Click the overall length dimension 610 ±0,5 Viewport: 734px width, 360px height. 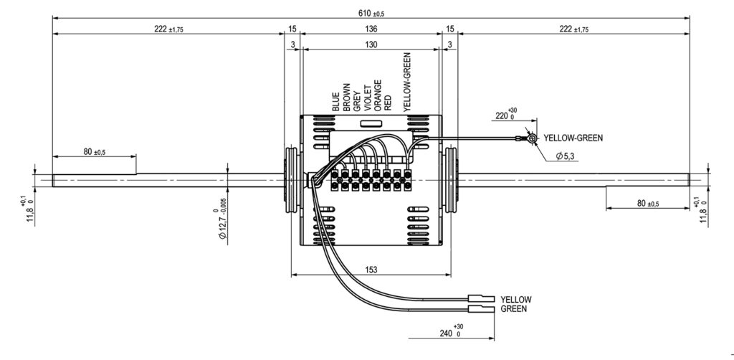pyautogui.click(x=371, y=14)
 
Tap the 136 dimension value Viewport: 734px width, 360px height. pyautogui.click(x=371, y=29)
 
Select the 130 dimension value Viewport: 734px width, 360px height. pyautogui.click(x=371, y=45)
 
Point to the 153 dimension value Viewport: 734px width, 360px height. pyautogui.click(x=371, y=270)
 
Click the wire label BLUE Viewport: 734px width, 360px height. pyautogui.click(x=335, y=102)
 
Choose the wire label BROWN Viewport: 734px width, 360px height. pyautogui.click(x=346, y=98)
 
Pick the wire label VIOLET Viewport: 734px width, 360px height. pyautogui.click(x=368, y=98)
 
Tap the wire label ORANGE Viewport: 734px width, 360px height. pyautogui.click(x=378, y=95)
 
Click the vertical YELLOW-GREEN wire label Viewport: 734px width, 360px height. pyautogui.click(x=407, y=82)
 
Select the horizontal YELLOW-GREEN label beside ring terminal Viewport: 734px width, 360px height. pyautogui.click(x=573, y=138)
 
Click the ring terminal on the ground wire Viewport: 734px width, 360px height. pyautogui.click(x=532, y=138)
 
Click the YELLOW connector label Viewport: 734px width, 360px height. pyautogui.click(x=516, y=299)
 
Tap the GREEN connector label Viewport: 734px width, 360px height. pyautogui.click(x=514, y=309)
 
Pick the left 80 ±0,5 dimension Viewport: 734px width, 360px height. pyautogui.click(x=95, y=151)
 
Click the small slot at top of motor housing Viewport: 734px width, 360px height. pyautogui.click(x=371, y=123)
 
